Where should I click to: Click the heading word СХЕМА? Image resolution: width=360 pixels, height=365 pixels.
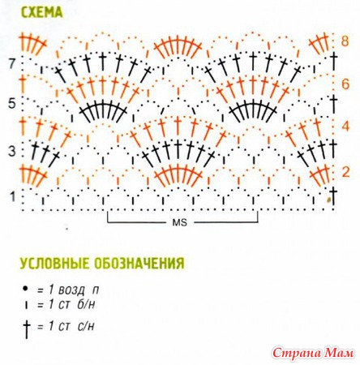point(42,12)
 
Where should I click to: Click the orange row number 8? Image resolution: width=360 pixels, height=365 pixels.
point(345,41)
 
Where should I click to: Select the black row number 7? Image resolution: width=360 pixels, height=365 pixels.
point(13,65)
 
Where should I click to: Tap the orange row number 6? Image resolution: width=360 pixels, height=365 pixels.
point(345,84)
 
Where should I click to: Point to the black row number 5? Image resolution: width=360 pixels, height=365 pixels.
point(12,104)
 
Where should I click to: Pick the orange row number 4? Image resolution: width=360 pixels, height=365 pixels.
point(345,127)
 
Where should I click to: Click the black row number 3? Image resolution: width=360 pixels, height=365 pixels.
point(12,152)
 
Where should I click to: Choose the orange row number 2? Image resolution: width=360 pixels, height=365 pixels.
point(345,172)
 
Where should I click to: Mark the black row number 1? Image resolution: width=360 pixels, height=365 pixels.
point(13,196)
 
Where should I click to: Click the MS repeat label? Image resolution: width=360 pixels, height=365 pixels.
point(180,223)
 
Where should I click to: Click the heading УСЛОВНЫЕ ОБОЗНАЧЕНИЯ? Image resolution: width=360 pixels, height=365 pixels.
point(103,263)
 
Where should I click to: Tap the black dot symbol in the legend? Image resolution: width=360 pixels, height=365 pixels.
point(26,289)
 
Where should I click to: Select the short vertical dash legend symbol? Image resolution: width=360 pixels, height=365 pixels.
point(26,306)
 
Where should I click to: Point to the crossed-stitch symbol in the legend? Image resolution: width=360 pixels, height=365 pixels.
point(26,328)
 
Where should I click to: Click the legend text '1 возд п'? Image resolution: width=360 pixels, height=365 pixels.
point(68,290)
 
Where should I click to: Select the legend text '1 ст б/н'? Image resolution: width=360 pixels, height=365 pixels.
point(66,305)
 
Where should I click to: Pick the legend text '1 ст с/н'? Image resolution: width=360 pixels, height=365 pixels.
point(66,327)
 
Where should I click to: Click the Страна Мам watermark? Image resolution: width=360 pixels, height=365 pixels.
point(313,353)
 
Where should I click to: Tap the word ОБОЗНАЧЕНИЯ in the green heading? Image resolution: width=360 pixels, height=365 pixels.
point(139,263)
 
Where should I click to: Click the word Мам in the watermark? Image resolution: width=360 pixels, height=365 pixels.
point(339,353)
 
